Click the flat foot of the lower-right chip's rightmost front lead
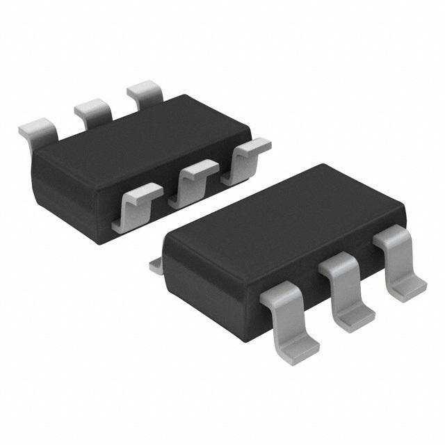pos(410,286)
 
